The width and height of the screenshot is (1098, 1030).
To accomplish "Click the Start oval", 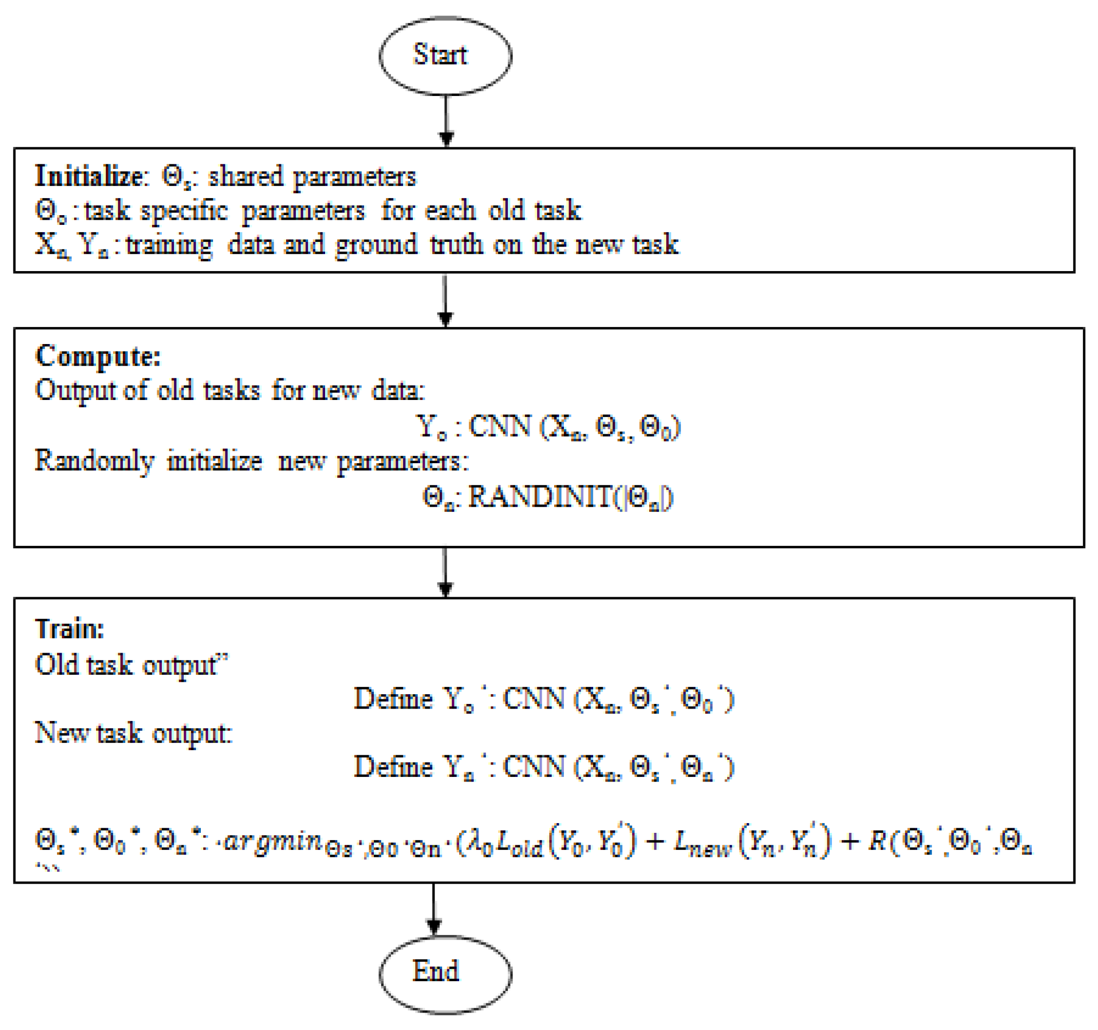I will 445,56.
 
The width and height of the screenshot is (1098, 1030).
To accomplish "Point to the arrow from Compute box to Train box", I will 445,572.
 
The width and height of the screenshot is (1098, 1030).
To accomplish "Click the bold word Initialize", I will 88,176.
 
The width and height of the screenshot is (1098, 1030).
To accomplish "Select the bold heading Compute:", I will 98,356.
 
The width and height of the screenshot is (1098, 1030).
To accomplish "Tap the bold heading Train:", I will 70,629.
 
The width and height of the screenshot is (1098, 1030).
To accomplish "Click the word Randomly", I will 94,461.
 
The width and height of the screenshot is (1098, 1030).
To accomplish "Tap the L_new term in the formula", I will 702,843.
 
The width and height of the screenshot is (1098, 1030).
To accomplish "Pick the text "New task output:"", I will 133,734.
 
